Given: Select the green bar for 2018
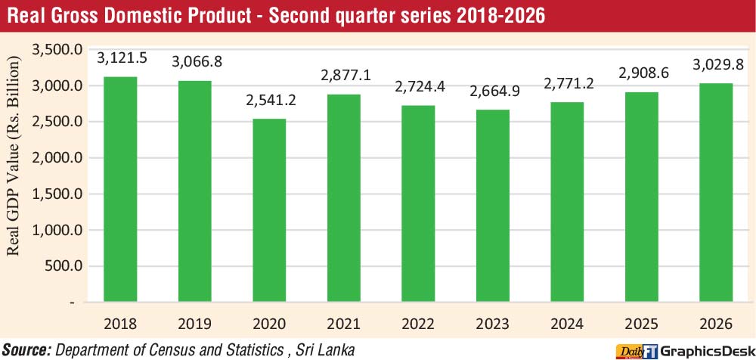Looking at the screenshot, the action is tap(120, 189).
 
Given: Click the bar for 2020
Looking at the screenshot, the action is tap(269, 210).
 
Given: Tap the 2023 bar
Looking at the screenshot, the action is tap(492, 206).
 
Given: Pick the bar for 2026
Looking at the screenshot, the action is tap(716, 193).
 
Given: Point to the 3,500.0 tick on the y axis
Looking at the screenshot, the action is tap(57, 50).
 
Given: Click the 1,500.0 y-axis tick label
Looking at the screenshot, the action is tap(57, 194).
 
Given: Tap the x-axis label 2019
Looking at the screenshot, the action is tap(194, 324).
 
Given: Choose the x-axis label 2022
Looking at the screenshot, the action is tap(418, 324).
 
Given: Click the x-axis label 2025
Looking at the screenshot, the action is tap(641, 324).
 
